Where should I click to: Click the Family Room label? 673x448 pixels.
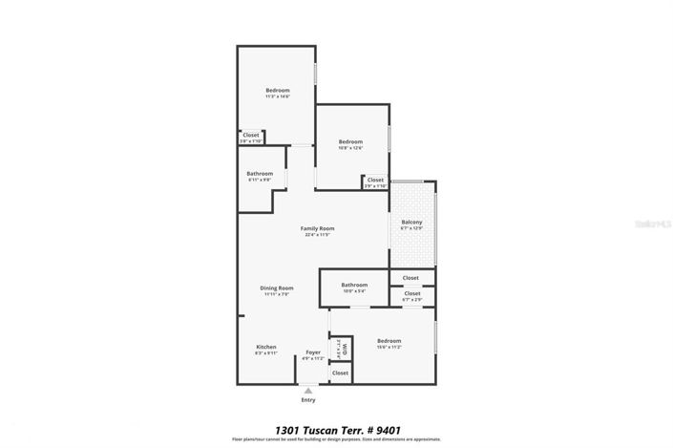pyautogui.click(x=318, y=228)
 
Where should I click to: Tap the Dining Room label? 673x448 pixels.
pyautogui.click(x=277, y=288)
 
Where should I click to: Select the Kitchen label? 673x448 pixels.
pyautogui.click(x=265, y=346)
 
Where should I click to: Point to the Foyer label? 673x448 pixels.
pyautogui.click(x=313, y=352)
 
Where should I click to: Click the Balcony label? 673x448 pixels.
pyautogui.click(x=411, y=223)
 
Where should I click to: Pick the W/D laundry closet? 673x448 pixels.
pyautogui.click(x=336, y=350)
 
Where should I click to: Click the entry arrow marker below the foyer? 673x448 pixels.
pyautogui.click(x=307, y=391)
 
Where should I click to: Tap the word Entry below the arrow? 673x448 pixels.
pyautogui.click(x=307, y=400)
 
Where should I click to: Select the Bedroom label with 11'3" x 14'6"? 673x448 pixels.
pyautogui.click(x=278, y=90)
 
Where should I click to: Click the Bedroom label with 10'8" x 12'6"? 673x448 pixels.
pyautogui.click(x=350, y=141)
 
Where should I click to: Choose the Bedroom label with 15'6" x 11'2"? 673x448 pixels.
pyautogui.click(x=389, y=340)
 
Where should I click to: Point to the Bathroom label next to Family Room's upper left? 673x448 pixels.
pyautogui.click(x=260, y=173)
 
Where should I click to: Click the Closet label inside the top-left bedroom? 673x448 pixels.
pyautogui.click(x=251, y=135)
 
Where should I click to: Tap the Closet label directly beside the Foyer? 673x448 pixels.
pyautogui.click(x=340, y=373)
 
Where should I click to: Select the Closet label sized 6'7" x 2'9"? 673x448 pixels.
pyautogui.click(x=411, y=293)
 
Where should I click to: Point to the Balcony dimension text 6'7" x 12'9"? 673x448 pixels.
pyautogui.click(x=411, y=229)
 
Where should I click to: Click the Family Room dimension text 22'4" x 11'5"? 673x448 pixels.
pyautogui.click(x=318, y=235)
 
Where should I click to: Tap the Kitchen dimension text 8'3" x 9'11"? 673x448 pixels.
pyautogui.click(x=265, y=352)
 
